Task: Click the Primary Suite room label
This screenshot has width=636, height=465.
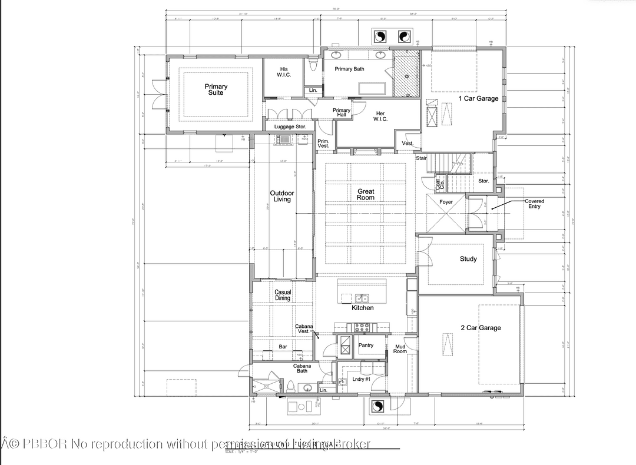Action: click(x=216, y=89)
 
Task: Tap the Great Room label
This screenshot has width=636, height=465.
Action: click(x=366, y=194)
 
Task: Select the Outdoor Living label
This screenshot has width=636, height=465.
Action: click(x=282, y=196)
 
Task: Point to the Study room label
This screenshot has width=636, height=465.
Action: click(x=468, y=259)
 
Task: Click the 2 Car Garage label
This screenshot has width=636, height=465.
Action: click(x=481, y=328)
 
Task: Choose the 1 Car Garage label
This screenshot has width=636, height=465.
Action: click(x=479, y=99)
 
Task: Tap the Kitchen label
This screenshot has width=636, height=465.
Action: click(x=363, y=308)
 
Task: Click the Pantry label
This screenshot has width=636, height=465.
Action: click(x=366, y=346)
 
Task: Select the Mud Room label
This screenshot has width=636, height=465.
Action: click(x=400, y=349)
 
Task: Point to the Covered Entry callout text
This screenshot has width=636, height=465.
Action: click(x=534, y=204)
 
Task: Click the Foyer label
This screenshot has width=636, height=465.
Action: click(x=446, y=202)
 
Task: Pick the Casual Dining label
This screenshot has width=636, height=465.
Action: click(x=283, y=295)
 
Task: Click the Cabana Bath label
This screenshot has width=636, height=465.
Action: click(x=302, y=368)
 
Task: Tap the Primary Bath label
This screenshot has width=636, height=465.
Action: click(x=350, y=69)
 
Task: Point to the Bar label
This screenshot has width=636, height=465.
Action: click(x=283, y=347)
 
